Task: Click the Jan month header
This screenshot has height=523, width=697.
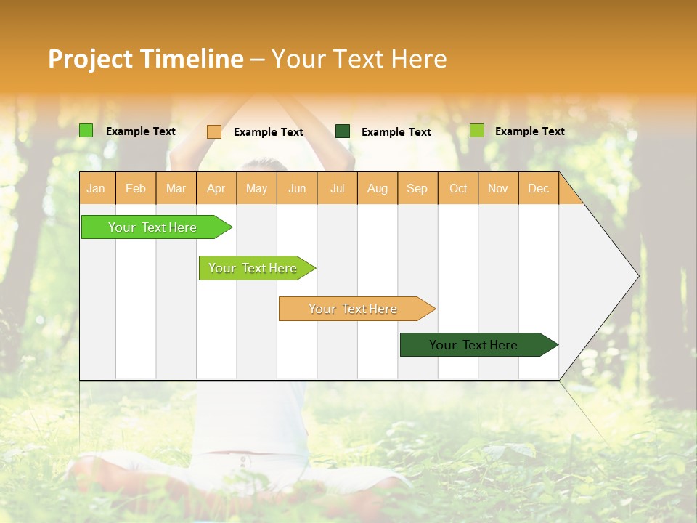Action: point(96,188)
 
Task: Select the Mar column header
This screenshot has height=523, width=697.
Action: point(176,188)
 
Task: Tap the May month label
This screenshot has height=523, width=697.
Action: point(256,188)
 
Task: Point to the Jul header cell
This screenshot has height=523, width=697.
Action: point(337,188)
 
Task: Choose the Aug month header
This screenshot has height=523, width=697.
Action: point(377,188)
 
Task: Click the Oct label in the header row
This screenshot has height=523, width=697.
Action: point(458,188)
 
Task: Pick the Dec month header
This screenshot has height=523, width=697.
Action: point(538,188)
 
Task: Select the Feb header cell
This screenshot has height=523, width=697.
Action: point(136,188)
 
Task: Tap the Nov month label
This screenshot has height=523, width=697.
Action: point(498,188)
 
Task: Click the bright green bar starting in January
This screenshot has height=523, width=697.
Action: point(152,227)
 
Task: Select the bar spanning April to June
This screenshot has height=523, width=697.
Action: point(253,268)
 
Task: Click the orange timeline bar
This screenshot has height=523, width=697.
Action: point(353,309)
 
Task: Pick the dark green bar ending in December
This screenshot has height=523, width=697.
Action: point(473,345)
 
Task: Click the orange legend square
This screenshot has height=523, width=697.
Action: point(214,131)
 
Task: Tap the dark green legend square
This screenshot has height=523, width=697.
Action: point(343,131)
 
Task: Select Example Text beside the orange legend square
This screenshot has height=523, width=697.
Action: point(269,132)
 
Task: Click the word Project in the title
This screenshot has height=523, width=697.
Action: point(90,59)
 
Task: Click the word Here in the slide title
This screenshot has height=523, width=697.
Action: point(419,59)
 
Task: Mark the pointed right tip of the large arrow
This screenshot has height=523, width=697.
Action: point(637,276)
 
